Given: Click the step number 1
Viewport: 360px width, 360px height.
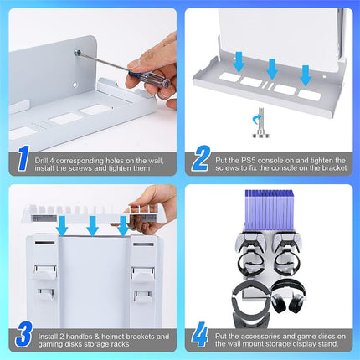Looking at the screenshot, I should click(22, 158).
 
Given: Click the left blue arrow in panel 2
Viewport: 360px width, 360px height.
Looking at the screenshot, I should click(239, 60).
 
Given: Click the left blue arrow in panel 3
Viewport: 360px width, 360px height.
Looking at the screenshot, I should click(62, 227).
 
